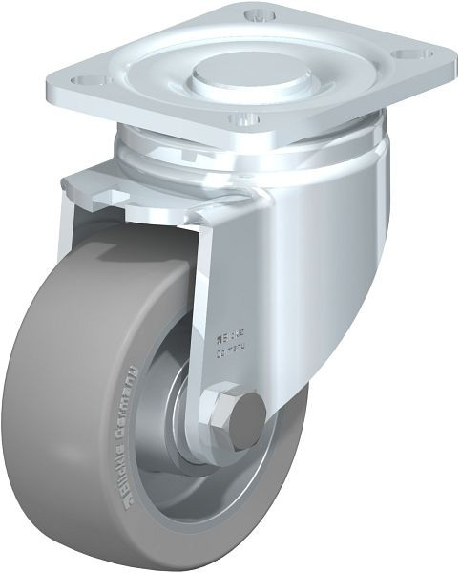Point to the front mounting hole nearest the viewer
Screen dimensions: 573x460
pyautogui.click(x=241, y=120)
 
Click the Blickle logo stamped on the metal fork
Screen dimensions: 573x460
pyautogui.click(x=233, y=335)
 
